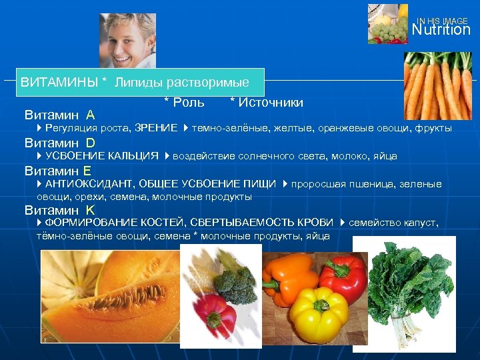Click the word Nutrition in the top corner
pyautogui.click(x=441, y=30)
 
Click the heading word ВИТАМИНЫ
pyautogui.click(x=60, y=83)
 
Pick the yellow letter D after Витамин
pyautogui.click(x=90, y=142)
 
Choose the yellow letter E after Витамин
pyautogui.click(x=87, y=170)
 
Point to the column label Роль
pyautogui.click(x=187, y=102)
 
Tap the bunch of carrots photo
pyautogui.click(x=437, y=87)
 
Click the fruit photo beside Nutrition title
pyautogui.click(x=387, y=23)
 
